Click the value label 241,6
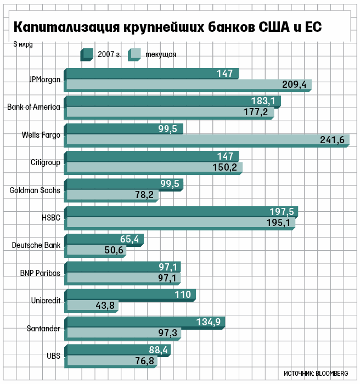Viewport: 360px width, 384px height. (332, 140)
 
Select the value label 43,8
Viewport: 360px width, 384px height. (105, 306)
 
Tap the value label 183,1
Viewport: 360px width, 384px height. (263, 101)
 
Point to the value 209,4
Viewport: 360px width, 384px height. (294, 84)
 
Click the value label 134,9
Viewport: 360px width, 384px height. (209, 322)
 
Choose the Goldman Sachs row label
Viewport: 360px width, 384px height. (35, 190)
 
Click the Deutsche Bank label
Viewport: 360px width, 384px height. (36, 245)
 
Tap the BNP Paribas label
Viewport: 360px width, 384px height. (40, 273)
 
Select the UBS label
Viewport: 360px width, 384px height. (53, 355)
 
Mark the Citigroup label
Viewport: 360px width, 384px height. (46, 162)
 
